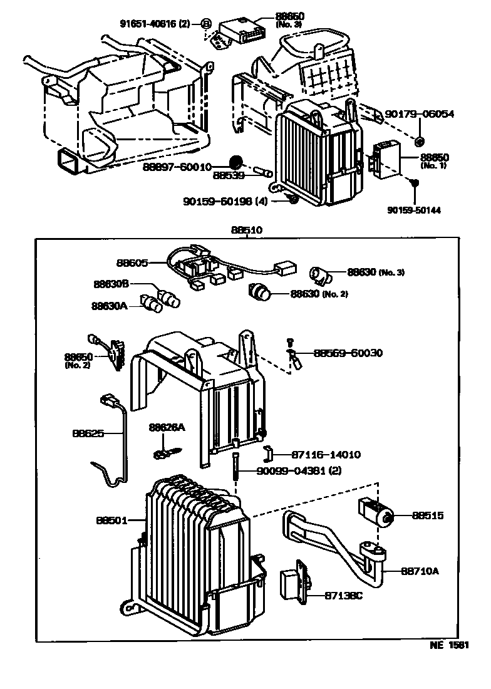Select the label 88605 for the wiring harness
pos(132,263)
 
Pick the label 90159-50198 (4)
pos(225,201)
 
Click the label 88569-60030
pos(348,353)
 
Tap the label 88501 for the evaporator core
pos(112,520)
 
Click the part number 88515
pos(428,515)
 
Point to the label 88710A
pos(420,571)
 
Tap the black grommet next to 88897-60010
pos(236,162)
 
